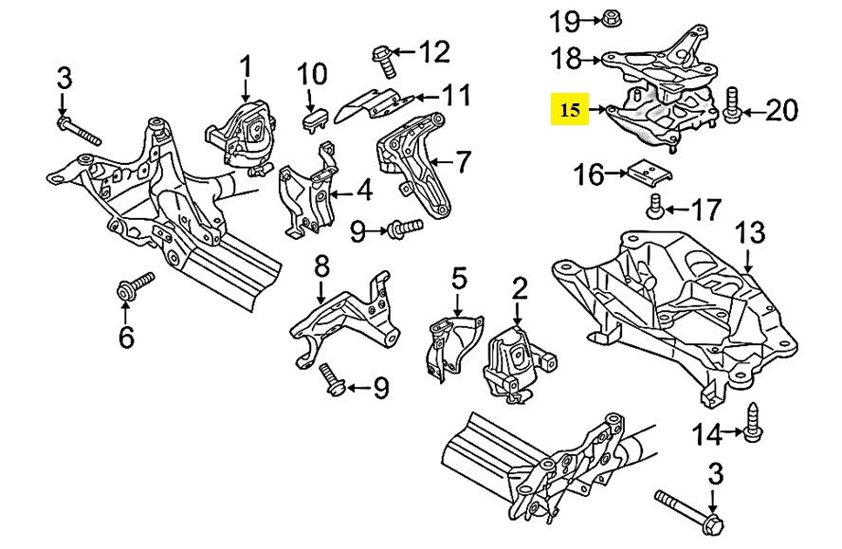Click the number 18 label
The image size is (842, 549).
pos(567,58)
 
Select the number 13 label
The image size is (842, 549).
pos(749,232)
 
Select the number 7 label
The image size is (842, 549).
pos(462,162)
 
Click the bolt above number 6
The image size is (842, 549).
pos(134,288)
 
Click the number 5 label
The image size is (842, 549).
pos(459,278)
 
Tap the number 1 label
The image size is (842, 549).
pos(246,67)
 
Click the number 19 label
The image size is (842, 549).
pos(566,19)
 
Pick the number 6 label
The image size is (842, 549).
pos(126,335)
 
